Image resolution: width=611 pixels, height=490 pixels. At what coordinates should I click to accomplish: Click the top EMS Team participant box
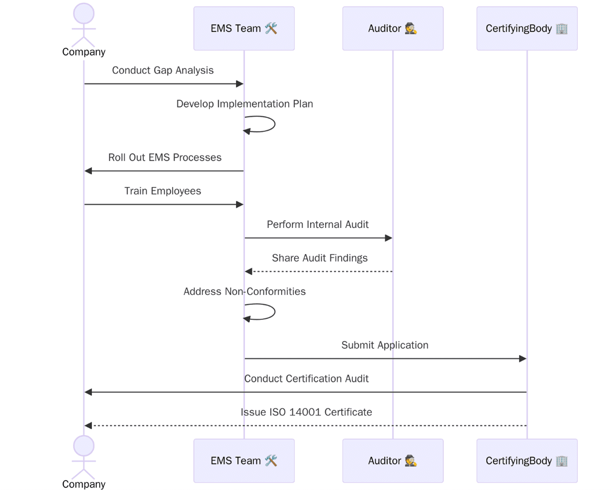coord(244,28)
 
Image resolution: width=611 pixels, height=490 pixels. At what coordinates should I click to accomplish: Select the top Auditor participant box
coord(393,28)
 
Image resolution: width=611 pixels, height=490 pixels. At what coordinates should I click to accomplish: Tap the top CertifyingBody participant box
coord(527,28)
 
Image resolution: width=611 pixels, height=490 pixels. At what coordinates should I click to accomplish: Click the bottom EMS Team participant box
coord(244,461)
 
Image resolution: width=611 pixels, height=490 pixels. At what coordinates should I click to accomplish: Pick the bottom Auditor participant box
coord(393,461)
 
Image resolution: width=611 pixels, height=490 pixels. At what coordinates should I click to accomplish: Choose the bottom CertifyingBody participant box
coord(527,461)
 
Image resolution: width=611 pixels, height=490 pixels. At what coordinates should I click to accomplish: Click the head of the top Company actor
coord(84,13)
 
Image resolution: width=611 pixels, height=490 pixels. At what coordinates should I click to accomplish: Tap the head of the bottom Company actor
coord(84,446)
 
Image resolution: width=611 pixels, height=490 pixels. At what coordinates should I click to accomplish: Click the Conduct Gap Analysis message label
coord(163,70)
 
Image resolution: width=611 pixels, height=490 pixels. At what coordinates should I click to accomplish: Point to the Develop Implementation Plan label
coord(245,104)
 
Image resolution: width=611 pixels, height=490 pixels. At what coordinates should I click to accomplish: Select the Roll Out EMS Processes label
coord(165,158)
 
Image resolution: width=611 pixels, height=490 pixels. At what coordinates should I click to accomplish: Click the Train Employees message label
coord(163,191)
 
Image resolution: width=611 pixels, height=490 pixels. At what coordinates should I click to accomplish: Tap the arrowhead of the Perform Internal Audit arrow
coord(389,238)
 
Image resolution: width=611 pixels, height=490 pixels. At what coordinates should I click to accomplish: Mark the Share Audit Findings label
coord(319,258)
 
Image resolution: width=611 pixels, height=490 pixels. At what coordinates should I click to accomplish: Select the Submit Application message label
coord(385,345)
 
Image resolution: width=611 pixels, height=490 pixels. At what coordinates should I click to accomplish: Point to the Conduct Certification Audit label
coord(306,379)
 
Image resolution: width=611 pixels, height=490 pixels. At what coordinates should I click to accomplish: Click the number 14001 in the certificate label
coord(305,413)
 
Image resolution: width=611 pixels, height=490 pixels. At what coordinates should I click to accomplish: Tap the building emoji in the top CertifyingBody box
coord(561,28)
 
